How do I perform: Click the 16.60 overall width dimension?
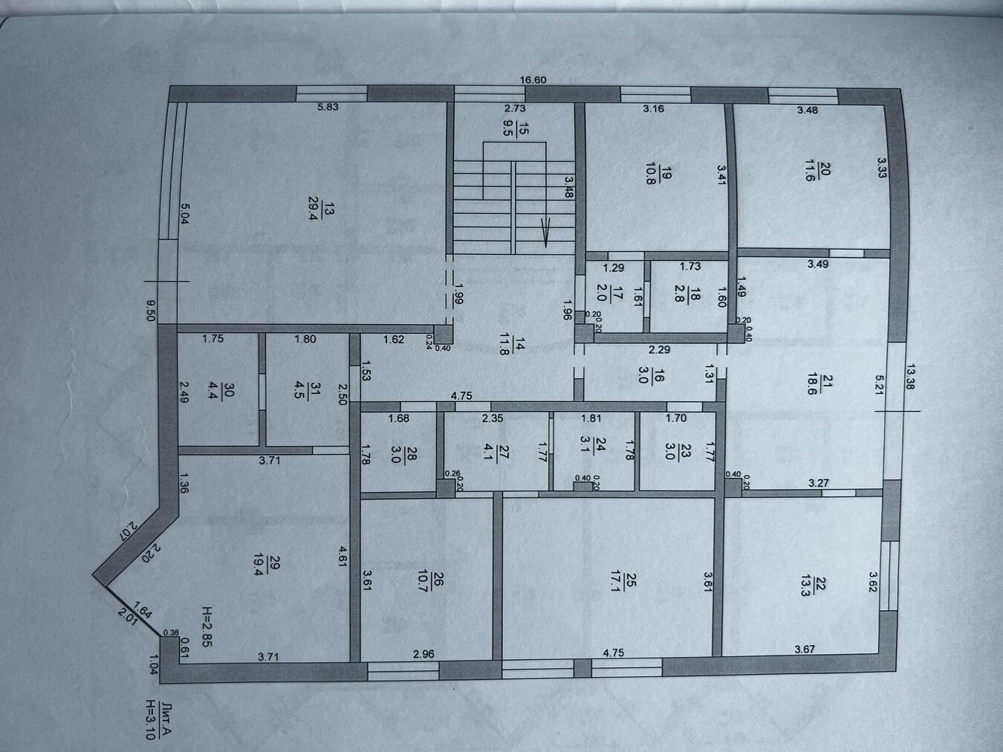pos(533,80)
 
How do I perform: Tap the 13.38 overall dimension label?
pos(910,377)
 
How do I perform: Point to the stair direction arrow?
pos(545,233)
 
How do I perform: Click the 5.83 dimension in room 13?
pos(328,107)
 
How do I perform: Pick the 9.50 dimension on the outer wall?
pos(151,310)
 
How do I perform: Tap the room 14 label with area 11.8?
pos(511,345)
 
